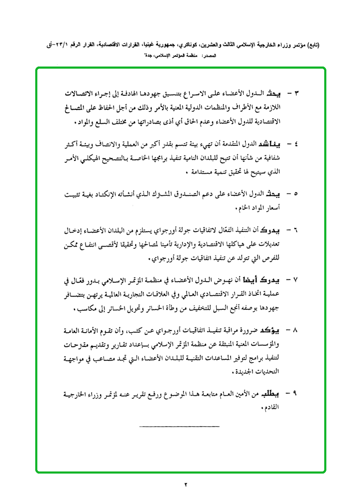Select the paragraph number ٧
(296, 281)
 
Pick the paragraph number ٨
(296, 330)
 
